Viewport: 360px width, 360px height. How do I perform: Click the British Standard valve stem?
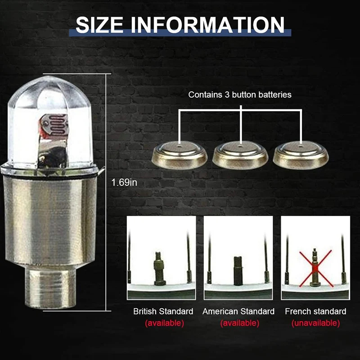[x=160, y=267]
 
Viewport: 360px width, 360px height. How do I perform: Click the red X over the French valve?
[x=315, y=268]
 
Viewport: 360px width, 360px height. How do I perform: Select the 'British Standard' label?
[x=163, y=311]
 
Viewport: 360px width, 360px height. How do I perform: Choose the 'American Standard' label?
[x=238, y=311]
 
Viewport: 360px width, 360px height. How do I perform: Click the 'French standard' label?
[x=315, y=311]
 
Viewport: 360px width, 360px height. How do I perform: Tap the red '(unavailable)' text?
[x=315, y=323]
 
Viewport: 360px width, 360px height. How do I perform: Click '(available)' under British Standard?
[x=164, y=323]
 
